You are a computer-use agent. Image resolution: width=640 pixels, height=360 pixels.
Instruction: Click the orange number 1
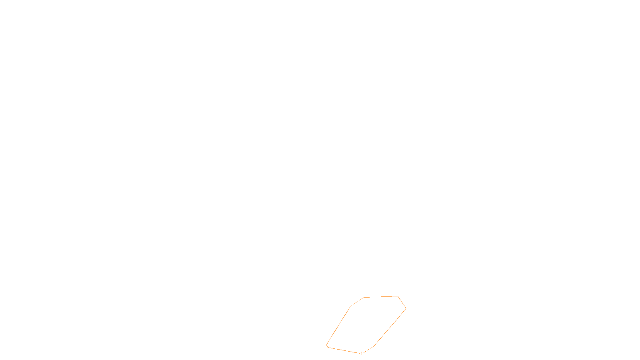coord(362,354)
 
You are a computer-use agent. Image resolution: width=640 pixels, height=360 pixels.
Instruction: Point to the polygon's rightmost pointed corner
coord(406,308)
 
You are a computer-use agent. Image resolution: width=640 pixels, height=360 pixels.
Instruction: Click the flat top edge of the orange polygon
coord(381,297)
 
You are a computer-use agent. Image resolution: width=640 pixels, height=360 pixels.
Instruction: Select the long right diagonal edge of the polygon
coord(390,327)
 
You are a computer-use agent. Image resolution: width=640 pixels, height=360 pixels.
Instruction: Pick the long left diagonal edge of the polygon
coord(339,325)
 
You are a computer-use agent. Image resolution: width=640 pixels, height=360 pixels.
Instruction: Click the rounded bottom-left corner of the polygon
coord(327,346)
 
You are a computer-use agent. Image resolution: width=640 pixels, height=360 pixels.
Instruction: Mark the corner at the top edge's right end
coord(398,296)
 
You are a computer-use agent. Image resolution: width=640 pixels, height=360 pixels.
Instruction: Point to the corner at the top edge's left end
coord(364,298)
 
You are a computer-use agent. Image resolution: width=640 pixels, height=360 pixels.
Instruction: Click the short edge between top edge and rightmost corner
coord(402,302)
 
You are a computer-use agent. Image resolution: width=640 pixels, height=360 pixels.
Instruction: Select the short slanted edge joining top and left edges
coord(357,302)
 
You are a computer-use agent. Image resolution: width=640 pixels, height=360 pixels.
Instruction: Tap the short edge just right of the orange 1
coord(368,350)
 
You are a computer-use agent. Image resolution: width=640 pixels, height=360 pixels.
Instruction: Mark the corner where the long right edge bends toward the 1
coord(374,346)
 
